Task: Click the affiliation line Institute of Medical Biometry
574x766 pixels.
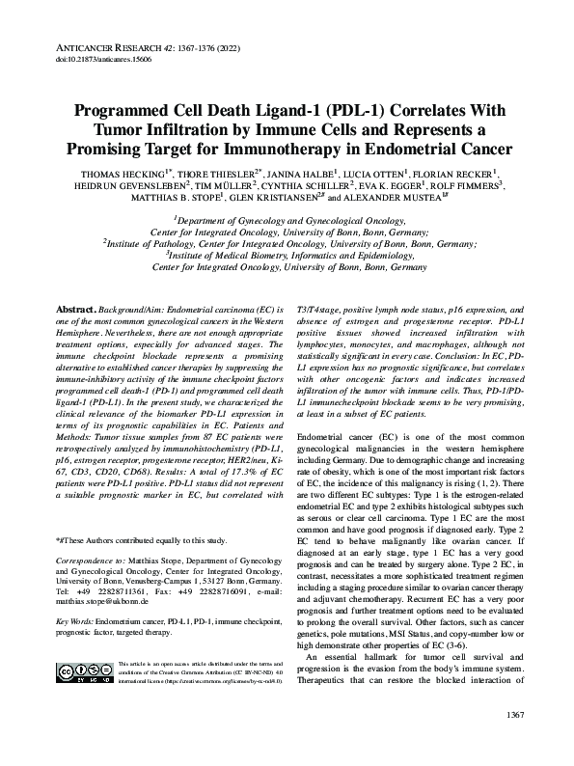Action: coord(287,258)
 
